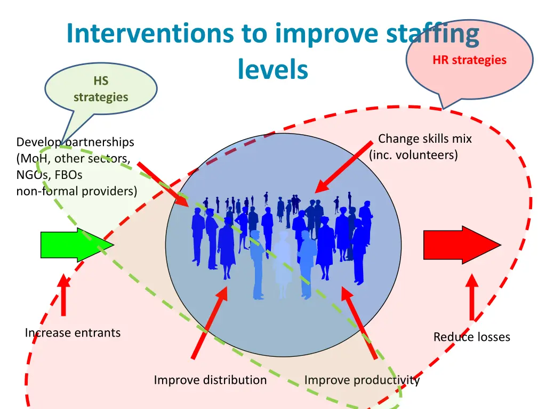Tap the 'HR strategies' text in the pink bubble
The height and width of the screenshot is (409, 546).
point(469,60)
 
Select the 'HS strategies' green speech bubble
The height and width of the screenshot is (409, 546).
point(101,89)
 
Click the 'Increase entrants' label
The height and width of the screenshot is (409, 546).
point(73,333)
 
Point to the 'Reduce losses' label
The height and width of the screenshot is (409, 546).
point(471,337)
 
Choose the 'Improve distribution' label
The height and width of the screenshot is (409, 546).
point(210,380)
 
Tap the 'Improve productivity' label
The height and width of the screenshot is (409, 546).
point(362,380)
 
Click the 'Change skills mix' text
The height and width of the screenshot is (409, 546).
point(425,139)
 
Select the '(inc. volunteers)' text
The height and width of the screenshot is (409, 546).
point(414,156)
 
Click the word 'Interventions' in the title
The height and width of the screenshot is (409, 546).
point(150,34)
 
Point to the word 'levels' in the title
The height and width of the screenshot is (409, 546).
point(273,69)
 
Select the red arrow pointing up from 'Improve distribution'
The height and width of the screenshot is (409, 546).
point(210,323)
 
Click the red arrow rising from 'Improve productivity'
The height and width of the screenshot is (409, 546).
point(360,322)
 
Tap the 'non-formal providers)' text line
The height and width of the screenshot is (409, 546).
point(77,191)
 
